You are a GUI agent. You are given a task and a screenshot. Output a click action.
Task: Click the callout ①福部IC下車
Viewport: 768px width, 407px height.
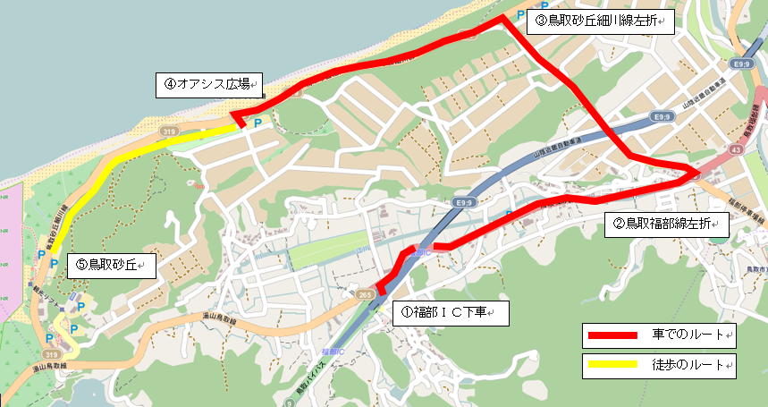tap(450, 313)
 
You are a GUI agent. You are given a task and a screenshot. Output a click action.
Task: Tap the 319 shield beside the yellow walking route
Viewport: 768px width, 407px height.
tap(168, 131)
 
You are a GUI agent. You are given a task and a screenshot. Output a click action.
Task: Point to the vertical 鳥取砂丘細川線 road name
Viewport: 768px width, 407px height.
tap(52, 228)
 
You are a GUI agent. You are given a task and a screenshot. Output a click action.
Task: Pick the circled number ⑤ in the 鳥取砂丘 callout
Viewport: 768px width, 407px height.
tap(80, 265)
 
